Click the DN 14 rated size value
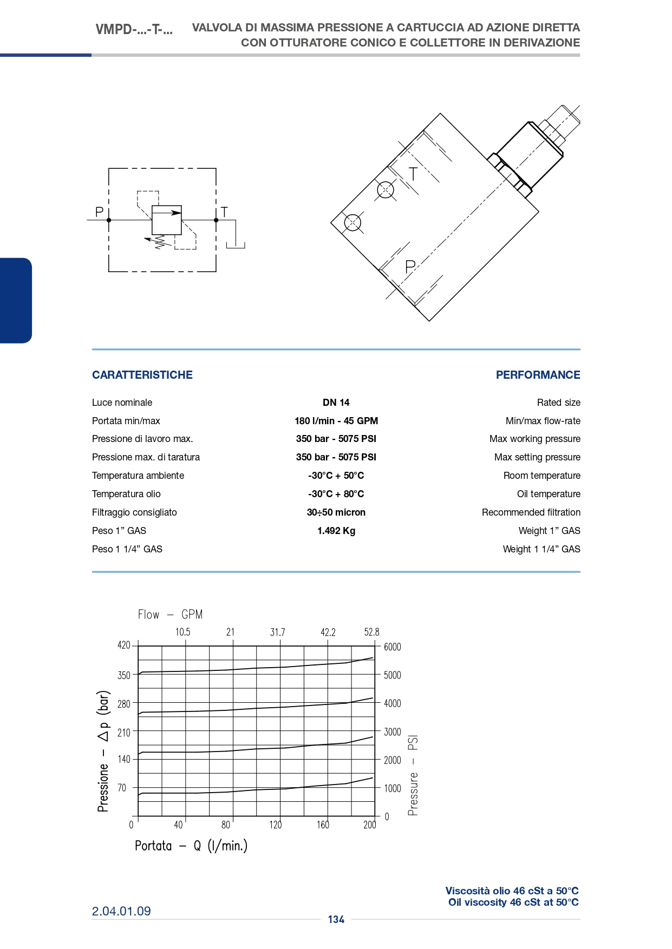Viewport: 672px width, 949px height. [x=336, y=403]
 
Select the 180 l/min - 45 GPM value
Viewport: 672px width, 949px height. [x=336, y=421]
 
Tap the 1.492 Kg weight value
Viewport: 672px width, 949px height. [x=336, y=531]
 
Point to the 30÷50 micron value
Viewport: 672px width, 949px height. [x=336, y=512]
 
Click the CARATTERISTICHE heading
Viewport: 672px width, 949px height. [x=142, y=375]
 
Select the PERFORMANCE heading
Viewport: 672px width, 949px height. [x=538, y=375]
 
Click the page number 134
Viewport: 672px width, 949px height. [x=336, y=920]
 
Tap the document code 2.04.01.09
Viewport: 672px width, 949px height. [x=121, y=911]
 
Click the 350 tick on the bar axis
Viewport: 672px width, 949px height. [x=124, y=675]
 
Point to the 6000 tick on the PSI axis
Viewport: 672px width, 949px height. [x=393, y=647]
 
